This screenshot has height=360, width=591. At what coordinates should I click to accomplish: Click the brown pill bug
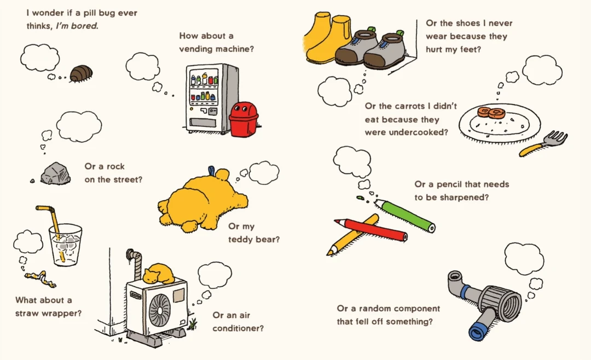[x=81, y=73]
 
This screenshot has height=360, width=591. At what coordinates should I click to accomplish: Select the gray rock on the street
[x=55, y=173]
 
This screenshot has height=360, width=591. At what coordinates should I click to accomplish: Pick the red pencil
[x=372, y=229]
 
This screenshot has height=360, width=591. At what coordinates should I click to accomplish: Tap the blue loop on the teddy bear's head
[x=211, y=171]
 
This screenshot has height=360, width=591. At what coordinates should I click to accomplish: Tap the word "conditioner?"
[x=238, y=328]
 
